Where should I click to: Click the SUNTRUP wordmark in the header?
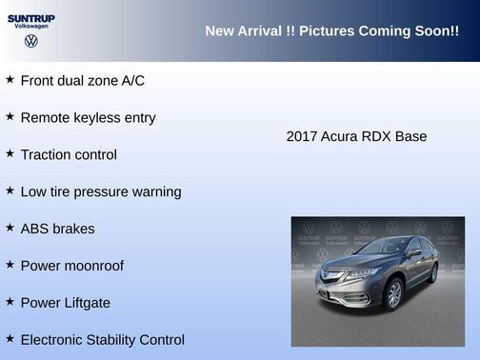click(x=30, y=17)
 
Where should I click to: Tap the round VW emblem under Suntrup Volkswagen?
click(x=30, y=41)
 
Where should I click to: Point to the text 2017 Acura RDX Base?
click(x=356, y=136)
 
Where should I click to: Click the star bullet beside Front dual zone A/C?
click(x=10, y=80)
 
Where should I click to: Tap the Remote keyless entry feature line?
click(x=88, y=118)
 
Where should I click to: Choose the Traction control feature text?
click(x=69, y=154)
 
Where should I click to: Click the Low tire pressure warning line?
click(x=100, y=191)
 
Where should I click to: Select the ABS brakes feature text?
click(x=57, y=229)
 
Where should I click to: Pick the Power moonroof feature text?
click(x=71, y=266)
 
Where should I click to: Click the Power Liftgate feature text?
click(x=65, y=303)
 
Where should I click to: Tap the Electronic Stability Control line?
click(x=102, y=340)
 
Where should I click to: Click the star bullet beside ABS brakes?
click(x=10, y=229)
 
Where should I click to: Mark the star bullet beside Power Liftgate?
click(x=10, y=303)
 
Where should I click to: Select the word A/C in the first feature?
click(x=132, y=81)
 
